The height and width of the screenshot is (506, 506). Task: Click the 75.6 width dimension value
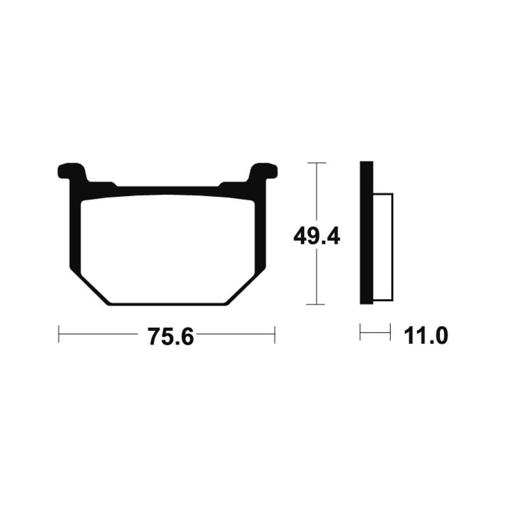171,336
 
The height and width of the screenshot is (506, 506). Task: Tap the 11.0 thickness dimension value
426,335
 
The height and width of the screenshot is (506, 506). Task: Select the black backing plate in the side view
366,232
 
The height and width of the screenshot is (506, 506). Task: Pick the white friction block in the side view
383,247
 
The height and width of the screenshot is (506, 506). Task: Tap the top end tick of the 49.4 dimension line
316,163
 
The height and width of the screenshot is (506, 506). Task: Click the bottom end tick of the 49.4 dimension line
316,304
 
